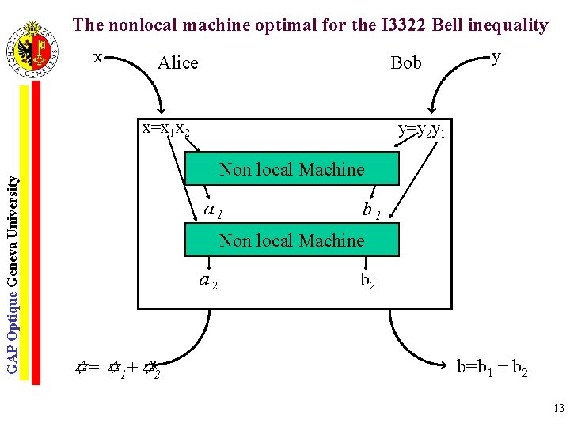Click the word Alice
pyautogui.click(x=177, y=63)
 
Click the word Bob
pyautogui.click(x=406, y=63)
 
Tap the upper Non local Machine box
pyautogui.click(x=291, y=169)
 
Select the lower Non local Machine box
pyautogui.click(x=291, y=240)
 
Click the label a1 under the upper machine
pyautogui.click(x=213, y=210)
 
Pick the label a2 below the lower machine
pyautogui.click(x=208, y=280)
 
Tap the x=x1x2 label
pyautogui.click(x=165, y=128)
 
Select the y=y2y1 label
pyautogui.click(x=421, y=129)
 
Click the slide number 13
pyautogui.click(x=558, y=409)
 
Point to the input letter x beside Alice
pyautogui.click(x=98, y=57)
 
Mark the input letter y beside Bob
pyautogui.click(x=496, y=57)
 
